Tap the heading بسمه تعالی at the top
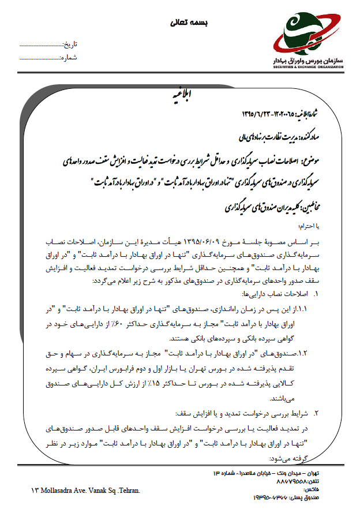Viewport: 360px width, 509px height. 190,23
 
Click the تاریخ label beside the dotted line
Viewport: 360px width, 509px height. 69,44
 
